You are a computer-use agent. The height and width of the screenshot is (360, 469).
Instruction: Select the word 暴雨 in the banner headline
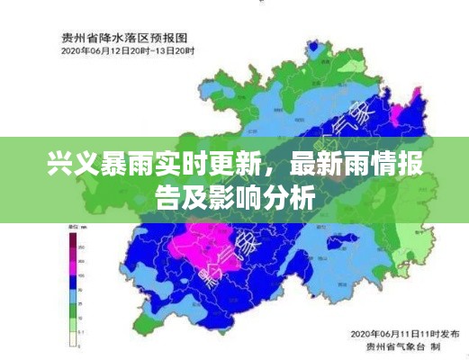110,166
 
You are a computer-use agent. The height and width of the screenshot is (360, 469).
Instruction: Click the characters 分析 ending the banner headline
291,198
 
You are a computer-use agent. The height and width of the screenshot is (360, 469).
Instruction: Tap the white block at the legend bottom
71,338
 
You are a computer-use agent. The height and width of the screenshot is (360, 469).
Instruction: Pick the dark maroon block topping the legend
71,238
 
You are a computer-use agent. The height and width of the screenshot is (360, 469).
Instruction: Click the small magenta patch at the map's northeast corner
415,95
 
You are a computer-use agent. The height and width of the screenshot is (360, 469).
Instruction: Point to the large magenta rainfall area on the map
212,242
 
